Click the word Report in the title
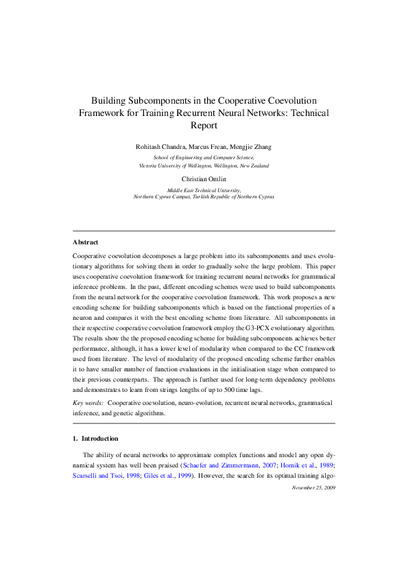pos(203,126)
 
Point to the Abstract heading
pos(85,242)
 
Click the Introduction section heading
pos(99,439)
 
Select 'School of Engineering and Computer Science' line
pos(203,158)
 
